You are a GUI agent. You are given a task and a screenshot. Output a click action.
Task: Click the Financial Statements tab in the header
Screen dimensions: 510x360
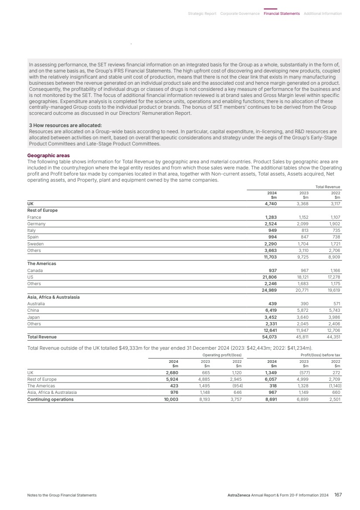tap(281, 14)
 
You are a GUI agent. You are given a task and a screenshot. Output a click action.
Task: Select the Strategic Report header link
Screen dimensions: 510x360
tap(202, 14)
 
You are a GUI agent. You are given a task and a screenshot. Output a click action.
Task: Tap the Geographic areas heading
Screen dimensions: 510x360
tap(48, 155)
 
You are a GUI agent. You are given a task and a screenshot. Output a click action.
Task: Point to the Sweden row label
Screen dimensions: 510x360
tap(35, 244)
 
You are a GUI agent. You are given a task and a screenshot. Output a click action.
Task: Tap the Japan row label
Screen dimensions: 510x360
tap(34, 317)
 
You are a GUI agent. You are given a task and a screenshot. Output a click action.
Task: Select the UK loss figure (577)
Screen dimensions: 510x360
tap(304, 373)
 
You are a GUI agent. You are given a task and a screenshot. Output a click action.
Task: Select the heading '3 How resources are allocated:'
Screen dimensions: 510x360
tap(65, 125)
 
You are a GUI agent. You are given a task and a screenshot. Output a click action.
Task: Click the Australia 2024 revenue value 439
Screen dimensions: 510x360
tap(271, 304)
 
